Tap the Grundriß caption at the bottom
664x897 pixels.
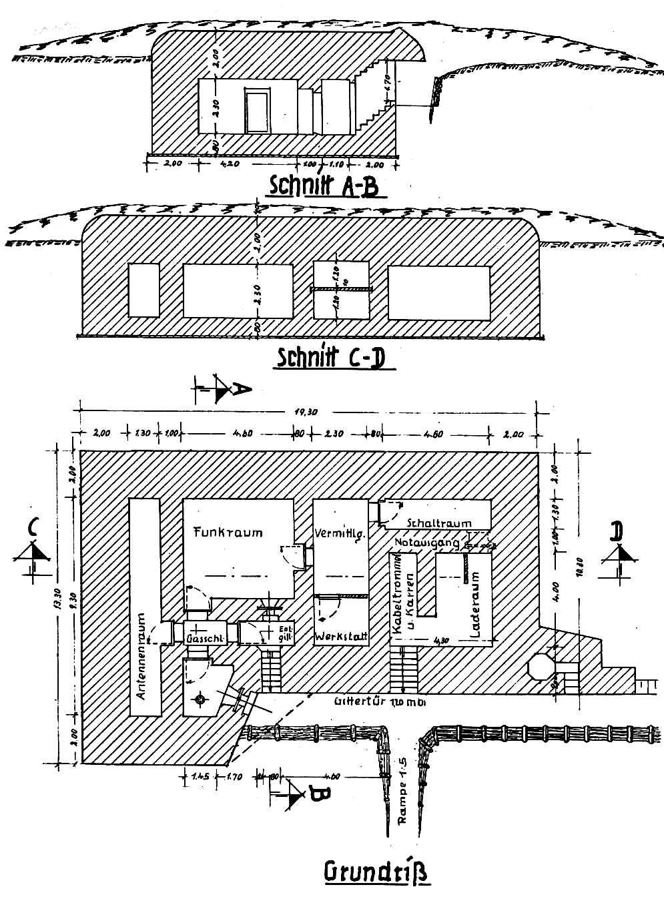click(x=376, y=871)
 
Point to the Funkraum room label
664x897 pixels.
click(x=228, y=532)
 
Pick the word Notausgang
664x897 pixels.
click(x=427, y=543)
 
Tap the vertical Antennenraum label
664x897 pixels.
click(x=141, y=655)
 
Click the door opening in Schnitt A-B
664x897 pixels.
click(x=256, y=111)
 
